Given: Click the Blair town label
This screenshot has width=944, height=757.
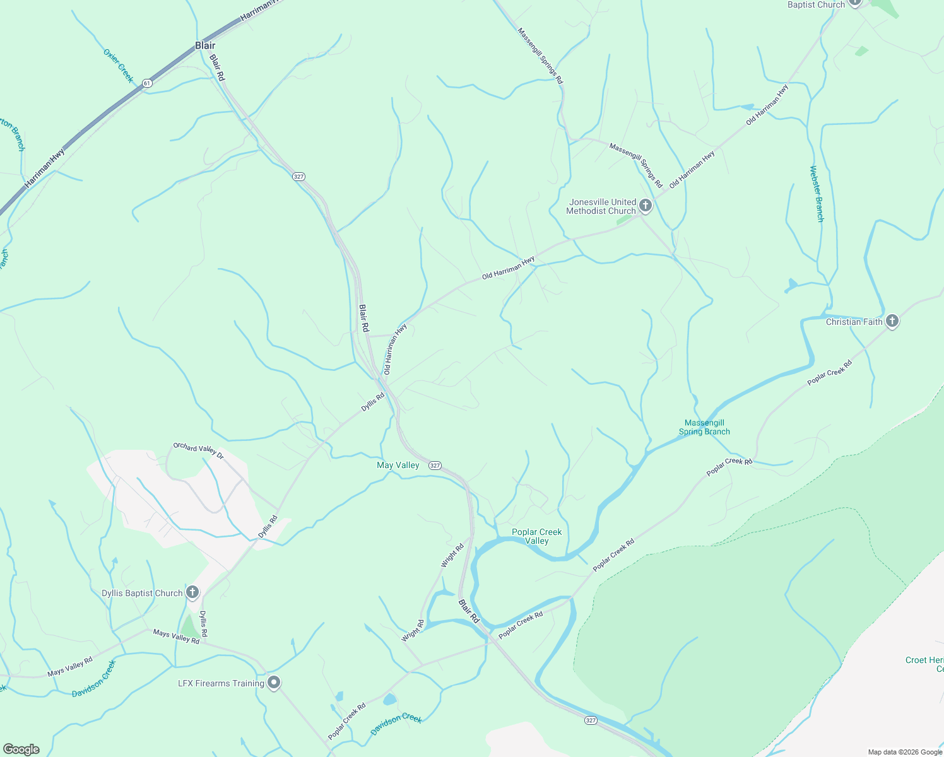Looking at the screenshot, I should point(205,45).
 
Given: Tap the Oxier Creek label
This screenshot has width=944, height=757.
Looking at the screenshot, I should point(119,66).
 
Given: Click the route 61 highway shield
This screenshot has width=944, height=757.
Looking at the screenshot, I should point(147,83).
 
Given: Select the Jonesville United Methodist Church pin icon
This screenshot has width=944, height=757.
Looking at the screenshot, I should point(645,205).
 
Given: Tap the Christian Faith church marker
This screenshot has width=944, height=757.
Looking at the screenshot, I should point(892,321).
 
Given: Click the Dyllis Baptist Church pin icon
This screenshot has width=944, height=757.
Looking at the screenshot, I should point(192,592).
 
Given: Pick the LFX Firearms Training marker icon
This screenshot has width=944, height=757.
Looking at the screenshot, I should point(274,683).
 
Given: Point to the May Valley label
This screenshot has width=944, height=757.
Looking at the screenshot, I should point(398,465).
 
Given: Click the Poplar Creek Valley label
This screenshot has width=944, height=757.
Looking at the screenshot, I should point(536,536).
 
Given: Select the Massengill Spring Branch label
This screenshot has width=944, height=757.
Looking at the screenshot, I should point(704,427).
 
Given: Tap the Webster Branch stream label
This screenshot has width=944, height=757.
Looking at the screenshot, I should point(817,194).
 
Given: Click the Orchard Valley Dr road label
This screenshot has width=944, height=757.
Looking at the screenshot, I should point(198,450).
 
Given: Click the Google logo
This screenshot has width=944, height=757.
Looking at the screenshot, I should point(21,749).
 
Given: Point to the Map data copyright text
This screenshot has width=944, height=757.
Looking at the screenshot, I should point(905,752).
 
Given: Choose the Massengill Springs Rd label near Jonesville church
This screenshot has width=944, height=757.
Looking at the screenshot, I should point(635,165).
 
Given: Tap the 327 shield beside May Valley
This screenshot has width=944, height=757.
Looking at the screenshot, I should point(435,466).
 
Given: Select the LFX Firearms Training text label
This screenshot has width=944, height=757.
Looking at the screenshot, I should point(221,683).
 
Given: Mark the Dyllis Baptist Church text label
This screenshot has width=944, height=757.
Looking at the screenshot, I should point(142,593).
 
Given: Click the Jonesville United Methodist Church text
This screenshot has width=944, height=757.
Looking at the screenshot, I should point(601,206).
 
